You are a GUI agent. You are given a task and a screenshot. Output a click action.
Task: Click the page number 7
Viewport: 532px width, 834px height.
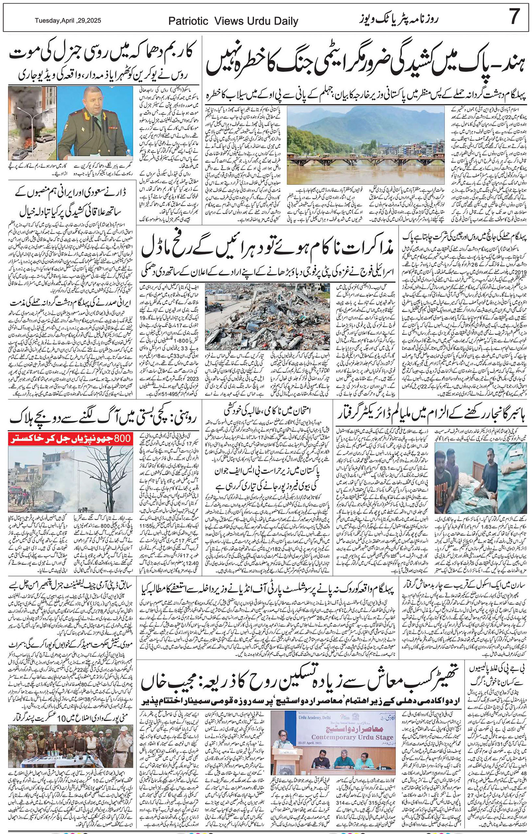515,17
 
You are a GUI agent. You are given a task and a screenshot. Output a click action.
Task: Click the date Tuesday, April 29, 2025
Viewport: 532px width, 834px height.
68,21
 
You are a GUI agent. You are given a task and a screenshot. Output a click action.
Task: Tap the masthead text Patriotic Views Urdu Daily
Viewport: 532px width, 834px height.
233,22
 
